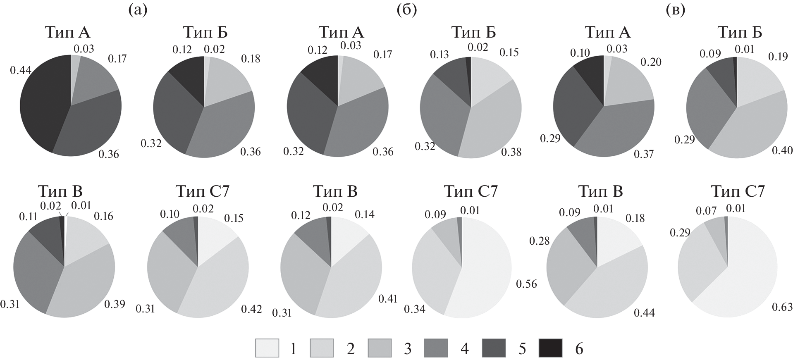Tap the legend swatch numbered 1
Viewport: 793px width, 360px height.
click(x=267, y=348)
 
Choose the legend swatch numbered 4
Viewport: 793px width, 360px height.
click(x=436, y=348)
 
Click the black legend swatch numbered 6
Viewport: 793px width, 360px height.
click(x=550, y=348)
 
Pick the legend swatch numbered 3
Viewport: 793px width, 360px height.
click(x=379, y=348)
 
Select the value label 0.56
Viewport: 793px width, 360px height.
click(x=526, y=284)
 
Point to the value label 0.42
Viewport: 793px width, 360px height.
click(x=251, y=309)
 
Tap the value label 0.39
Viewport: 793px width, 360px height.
click(x=115, y=305)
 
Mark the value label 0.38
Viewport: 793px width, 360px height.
click(x=511, y=153)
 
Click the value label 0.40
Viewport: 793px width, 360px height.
click(x=782, y=150)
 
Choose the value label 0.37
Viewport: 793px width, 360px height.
click(x=643, y=154)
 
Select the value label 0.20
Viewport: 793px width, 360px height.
click(x=651, y=62)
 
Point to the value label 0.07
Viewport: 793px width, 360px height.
click(x=707, y=211)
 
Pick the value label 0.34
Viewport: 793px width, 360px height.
click(x=415, y=309)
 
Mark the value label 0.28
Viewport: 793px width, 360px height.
click(x=540, y=241)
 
